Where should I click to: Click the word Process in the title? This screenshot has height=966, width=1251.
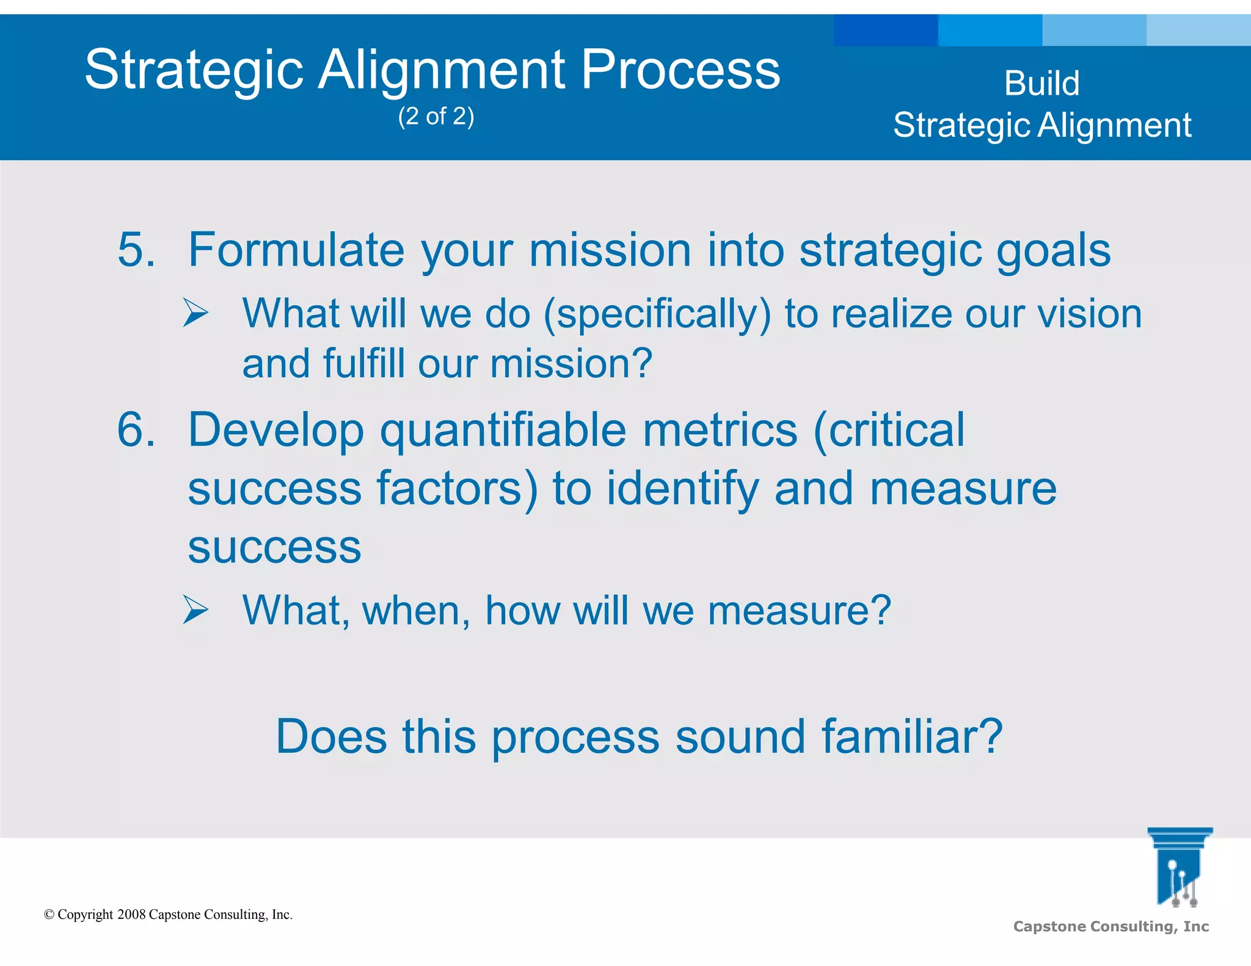coord(680,70)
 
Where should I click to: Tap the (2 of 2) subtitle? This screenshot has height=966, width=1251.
coord(436,116)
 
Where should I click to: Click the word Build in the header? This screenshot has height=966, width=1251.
coord(1041,83)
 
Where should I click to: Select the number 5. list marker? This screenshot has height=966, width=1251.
coord(136,250)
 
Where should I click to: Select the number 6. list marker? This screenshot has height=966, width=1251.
coord(136,430)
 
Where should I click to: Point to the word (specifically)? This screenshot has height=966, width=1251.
coord(657,314)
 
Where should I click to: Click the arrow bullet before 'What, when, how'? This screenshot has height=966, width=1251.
coord(195,610)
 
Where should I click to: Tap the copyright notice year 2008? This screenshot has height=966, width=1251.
coord(131,915)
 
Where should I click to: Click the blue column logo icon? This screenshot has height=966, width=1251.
coord(1179,867)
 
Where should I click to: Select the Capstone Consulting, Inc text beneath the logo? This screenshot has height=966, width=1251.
coord(1111,926)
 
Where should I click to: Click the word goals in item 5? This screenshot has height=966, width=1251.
coord(1054,251)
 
